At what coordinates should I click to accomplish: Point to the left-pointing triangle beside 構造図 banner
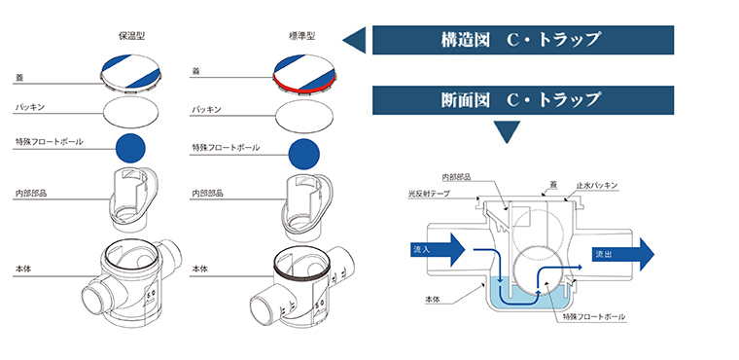[x=356, y=40]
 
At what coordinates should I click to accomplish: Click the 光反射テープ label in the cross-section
[x=428, y=194]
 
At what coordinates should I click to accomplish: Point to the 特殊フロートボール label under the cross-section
[x=594, y=317]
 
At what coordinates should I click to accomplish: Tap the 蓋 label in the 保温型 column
[x=19, y=75]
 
